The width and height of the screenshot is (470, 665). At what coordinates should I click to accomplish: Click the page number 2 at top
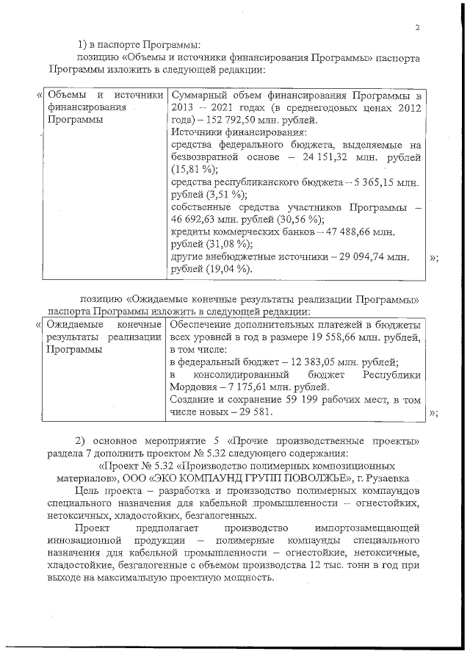(x=416, y=29)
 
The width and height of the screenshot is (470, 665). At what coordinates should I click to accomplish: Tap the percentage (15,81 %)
(x=189, y=170)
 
